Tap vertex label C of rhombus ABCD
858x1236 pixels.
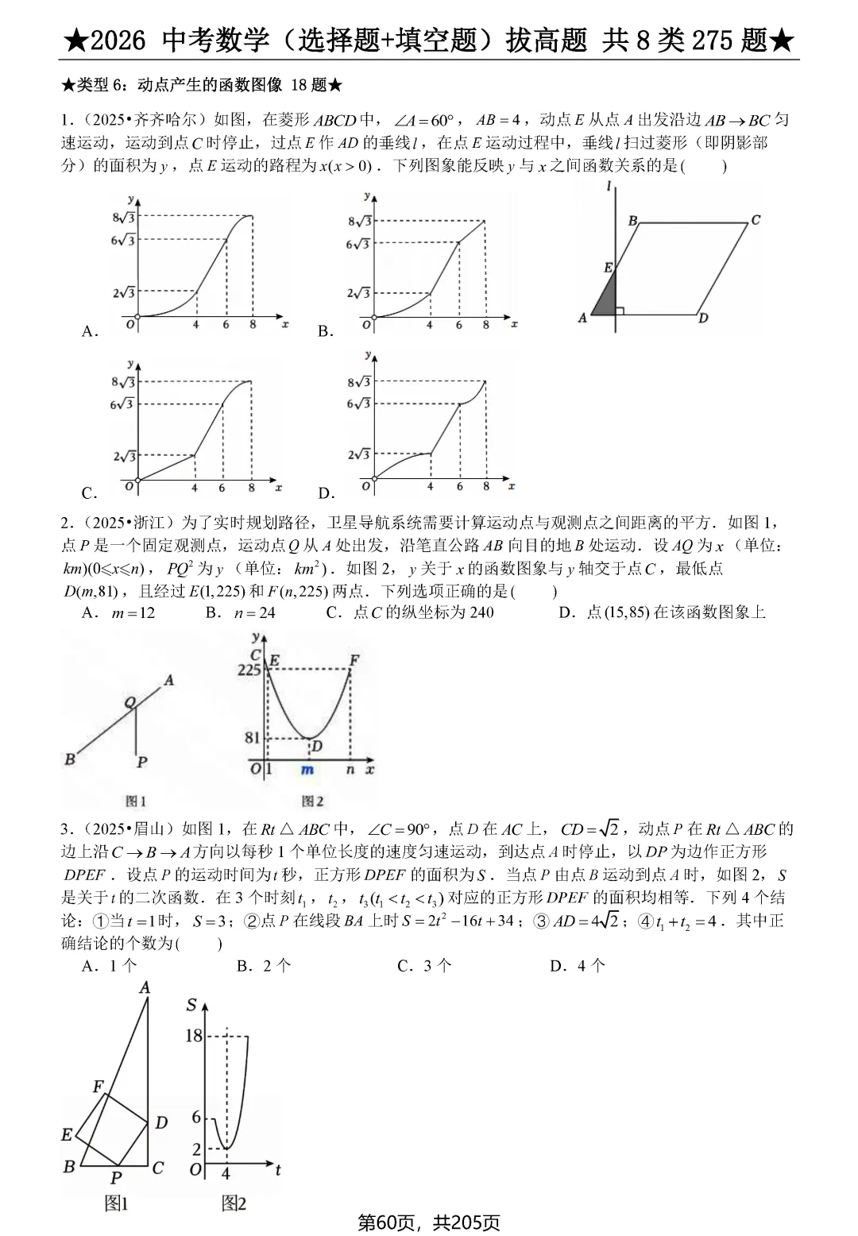pyautogui.click(x=756, y=220)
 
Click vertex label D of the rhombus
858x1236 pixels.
pyautogui.click(x=703, y=319)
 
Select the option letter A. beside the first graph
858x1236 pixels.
pyautogui.click(x=90, y=332)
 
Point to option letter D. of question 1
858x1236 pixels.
pyautogui.click(x=327, y=493)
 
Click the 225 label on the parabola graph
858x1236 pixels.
pyautogui.click(x=249, y=670)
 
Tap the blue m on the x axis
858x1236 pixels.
pyautogui.click(x=307, y=770)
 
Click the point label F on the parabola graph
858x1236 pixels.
pyautogui.click(x=354, y=660)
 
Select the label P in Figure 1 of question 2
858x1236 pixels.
pyautogui.click(x=141, y=762)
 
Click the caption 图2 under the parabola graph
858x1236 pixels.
pyautogui.click(x=312, y=801)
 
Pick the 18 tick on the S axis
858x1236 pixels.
pyautogui.click(x=194, y=1036)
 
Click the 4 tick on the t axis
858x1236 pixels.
pyautogui.click(x=226, y=1173)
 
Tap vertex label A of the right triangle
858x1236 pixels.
pyautogui.click(x=145, y=987)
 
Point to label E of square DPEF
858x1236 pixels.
pyautogui.click(x=67, y=1135)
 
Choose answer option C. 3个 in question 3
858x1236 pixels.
pyautogui.click(x=424, y=966)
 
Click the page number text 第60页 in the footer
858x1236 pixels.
pyautogui.click(x=388, y=1222)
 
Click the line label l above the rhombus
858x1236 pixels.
pyautogui.click(x=609, y=187)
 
